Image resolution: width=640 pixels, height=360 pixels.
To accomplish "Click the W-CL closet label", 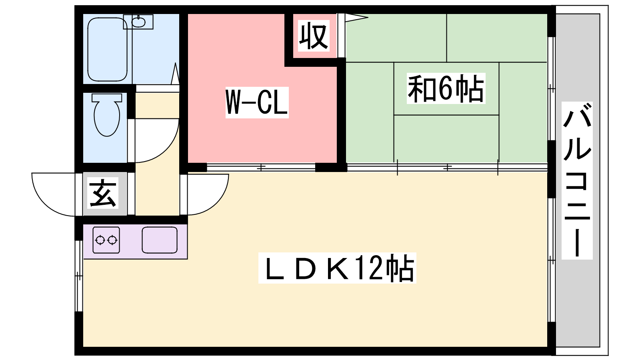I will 257,102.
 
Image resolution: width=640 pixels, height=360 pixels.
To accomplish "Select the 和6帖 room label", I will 446,89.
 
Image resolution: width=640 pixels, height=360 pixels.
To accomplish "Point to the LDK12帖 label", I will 337,268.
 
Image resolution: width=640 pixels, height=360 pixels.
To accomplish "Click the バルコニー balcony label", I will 577,180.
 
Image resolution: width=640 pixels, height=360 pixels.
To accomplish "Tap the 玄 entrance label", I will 103,194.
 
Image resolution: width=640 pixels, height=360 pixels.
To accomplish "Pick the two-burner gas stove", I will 106,240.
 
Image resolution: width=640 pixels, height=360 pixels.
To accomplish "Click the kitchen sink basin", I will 160,240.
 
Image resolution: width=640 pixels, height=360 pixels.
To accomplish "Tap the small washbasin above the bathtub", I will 139,22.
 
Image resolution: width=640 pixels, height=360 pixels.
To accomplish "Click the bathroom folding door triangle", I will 175,74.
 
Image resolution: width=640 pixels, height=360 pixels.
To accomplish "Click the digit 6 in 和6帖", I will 445,89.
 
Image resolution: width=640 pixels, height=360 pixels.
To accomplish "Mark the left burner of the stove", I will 100,240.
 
